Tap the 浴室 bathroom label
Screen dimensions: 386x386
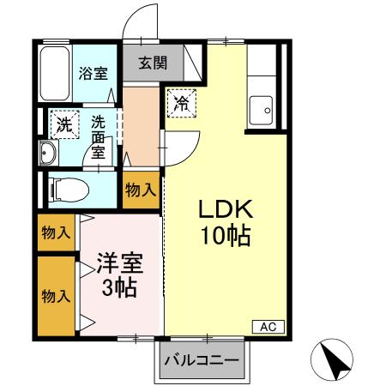coord(93,73)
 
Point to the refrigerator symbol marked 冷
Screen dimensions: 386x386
coord(181,103)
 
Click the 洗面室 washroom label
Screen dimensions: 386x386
coord(99,137)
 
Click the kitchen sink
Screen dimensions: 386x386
coord(261,109)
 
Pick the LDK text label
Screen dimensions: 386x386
coord(226,210)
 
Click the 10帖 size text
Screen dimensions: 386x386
coord(226,236)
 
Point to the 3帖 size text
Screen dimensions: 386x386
coord(118,287)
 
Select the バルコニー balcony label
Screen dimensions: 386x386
coord(201,360)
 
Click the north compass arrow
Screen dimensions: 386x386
coord(336,358)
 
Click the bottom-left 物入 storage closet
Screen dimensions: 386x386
coord(56,296)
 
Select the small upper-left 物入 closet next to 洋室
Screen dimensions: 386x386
coord(56,232)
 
